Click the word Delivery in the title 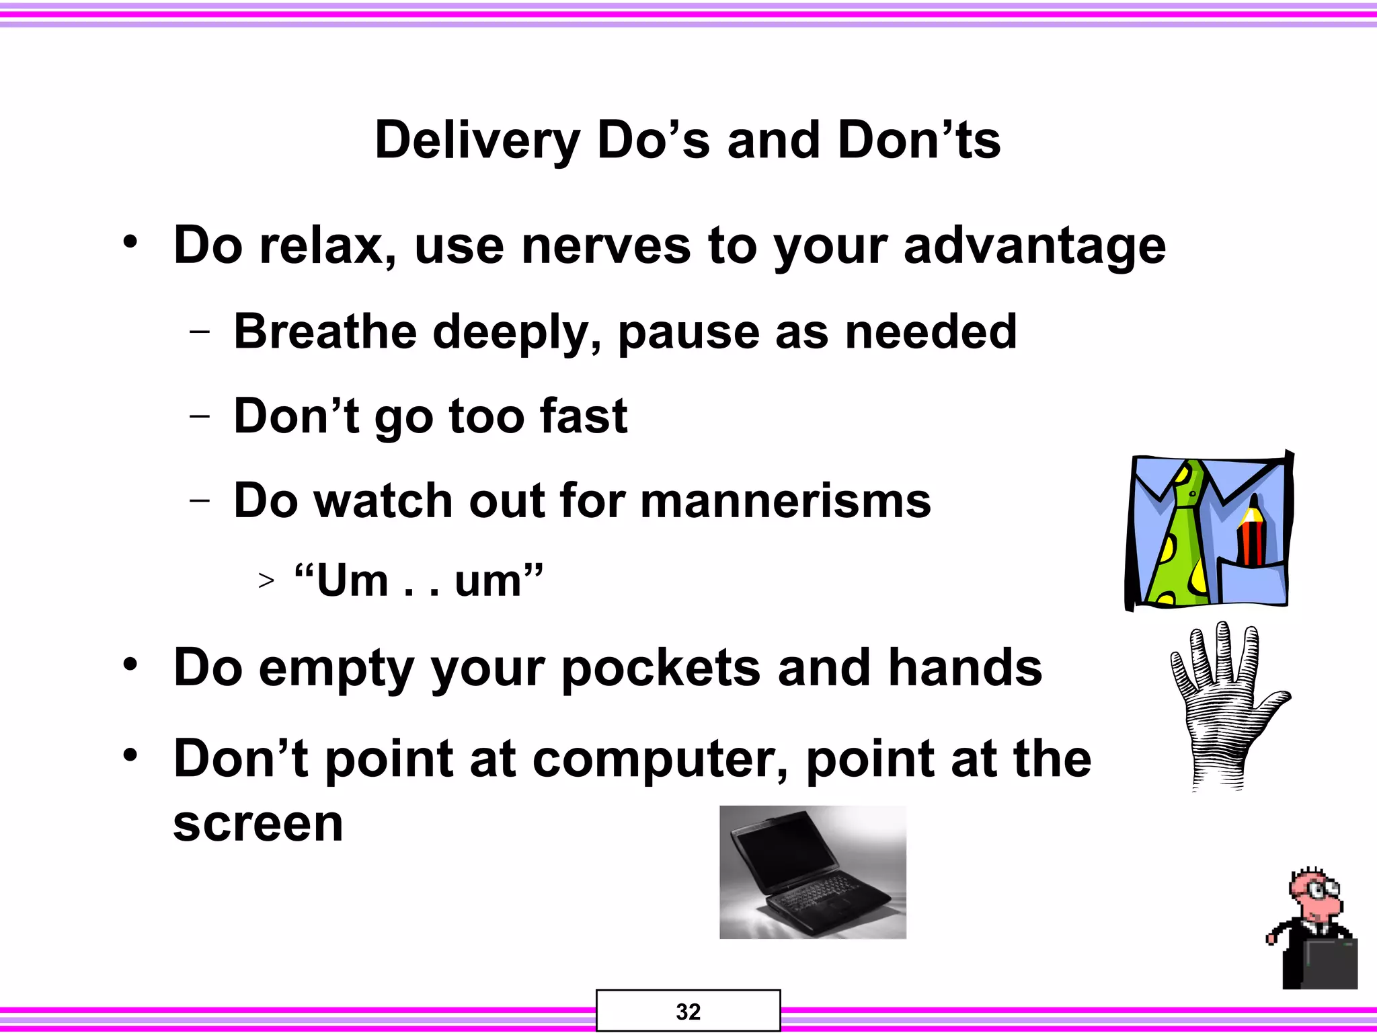[x=477, y=141]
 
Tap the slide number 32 [x=688, y=1011]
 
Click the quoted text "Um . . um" [x=418, y=580]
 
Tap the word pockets [x=661, y=669]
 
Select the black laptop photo [x=812, y=872]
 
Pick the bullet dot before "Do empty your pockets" [x=130, y=664]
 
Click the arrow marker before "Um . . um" [x=266, y=580]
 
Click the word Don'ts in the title [x=919, y=141]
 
